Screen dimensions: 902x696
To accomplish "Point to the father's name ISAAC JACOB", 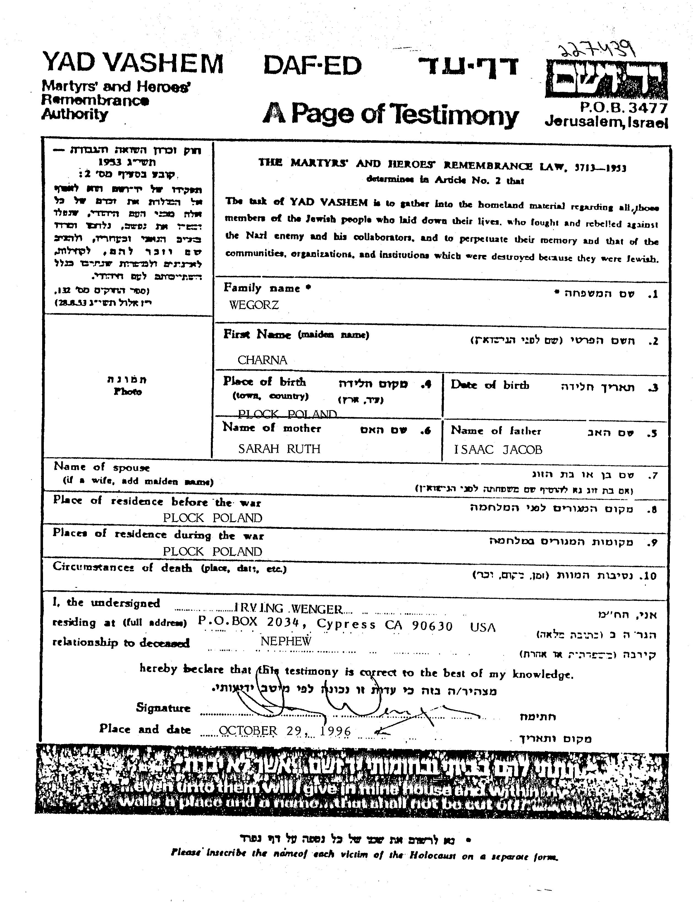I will pos(498,449).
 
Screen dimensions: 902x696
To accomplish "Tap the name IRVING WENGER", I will pos(288,609).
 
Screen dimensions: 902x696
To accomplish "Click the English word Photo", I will pos(128,392).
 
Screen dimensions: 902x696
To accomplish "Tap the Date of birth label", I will pos(490,385).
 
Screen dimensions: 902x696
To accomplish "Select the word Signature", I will pos(163,708).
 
